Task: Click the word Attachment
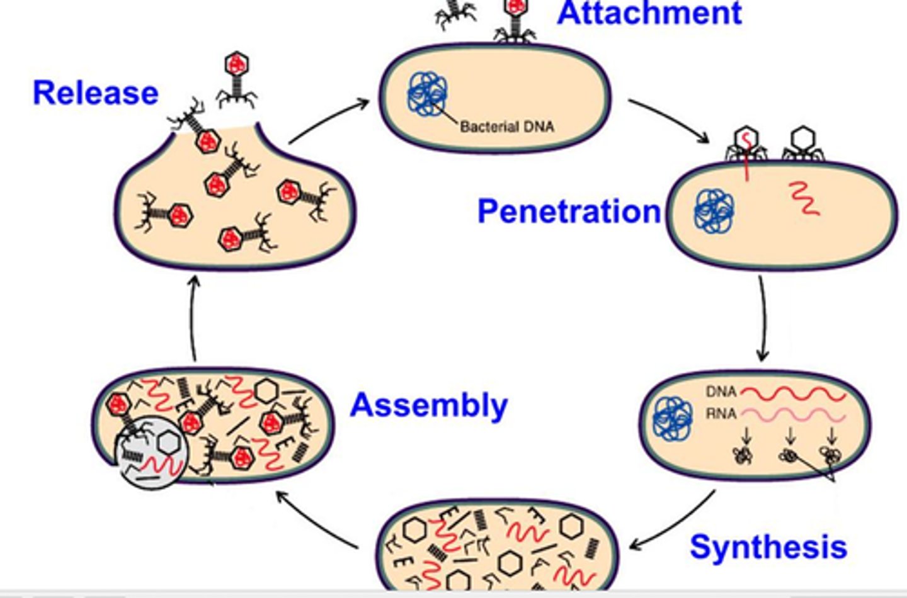(649, 14)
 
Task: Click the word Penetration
(569, 212)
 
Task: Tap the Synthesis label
(768, 546)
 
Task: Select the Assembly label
(428, 405)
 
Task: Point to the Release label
(95, 93)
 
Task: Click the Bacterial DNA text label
(507, 127)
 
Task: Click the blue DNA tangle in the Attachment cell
(428, 94)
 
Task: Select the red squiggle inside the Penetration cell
(804, 198)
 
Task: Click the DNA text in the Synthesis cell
(721, 392)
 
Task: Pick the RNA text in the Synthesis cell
(721, 414)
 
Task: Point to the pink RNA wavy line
(794, 415)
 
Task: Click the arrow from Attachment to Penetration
(669, 120)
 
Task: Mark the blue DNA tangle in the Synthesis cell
(673, 418)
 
